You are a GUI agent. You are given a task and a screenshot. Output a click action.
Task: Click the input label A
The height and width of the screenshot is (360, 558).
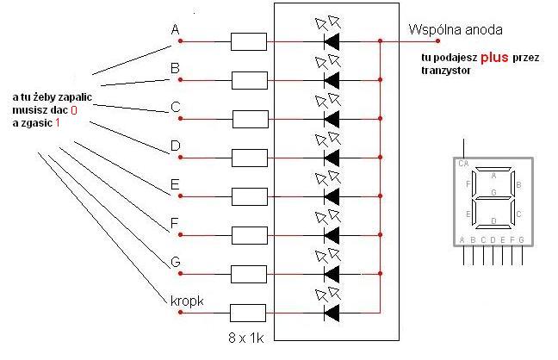pos(176,30)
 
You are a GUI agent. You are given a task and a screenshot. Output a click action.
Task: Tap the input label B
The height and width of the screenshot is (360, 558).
pos(176,68)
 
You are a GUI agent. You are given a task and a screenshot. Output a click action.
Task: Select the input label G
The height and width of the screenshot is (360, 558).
pos(176,262)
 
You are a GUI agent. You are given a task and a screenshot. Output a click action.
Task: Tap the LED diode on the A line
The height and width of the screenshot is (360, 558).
pos(330,40)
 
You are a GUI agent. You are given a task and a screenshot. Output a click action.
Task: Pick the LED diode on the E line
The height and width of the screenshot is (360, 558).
pos(330,196)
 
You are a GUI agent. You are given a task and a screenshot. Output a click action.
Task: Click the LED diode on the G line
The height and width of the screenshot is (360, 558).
pos(330,274)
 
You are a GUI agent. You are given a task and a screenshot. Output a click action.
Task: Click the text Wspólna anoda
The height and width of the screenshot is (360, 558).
pos(456,30)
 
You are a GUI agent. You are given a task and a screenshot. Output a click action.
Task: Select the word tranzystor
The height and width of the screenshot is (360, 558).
pos(445,71)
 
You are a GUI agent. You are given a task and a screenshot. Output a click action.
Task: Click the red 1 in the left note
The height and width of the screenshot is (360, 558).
pos(59,123)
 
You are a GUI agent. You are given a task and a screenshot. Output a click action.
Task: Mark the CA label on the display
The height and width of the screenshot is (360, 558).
pos(463,163)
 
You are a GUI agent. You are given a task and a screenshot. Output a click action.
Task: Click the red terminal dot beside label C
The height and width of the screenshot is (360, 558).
pos(182,118)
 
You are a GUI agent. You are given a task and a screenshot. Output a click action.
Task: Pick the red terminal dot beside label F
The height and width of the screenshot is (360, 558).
pos(182,234)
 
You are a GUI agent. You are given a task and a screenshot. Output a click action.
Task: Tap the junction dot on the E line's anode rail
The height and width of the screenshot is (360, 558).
pos(380,196)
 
